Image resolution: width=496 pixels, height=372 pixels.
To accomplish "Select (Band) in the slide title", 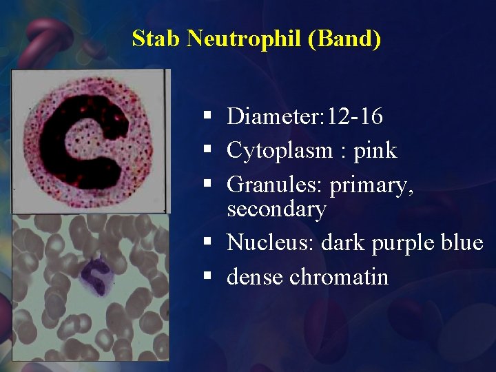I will tap(344, 39).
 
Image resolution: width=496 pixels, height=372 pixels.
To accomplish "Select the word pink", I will tap(375, 150).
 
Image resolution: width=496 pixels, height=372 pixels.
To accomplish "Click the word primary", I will tap(372, 185).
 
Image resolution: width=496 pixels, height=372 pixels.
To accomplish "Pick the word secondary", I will tap(276, 209).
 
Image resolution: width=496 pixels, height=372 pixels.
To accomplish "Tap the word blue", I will tap(462, 242).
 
